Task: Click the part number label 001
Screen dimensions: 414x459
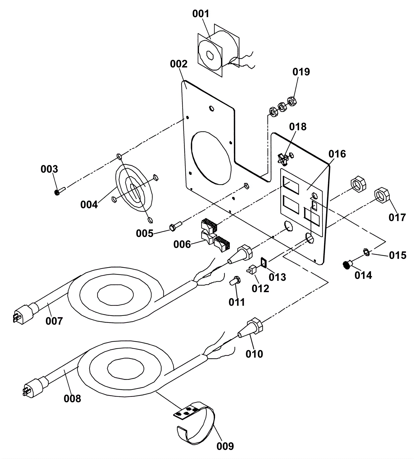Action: coord(201,14)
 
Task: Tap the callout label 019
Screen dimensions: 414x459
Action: coord(301,72)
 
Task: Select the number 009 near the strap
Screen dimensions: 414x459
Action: coord(225,446)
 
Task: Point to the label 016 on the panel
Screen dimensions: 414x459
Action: coord(337,154)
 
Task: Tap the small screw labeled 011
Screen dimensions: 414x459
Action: coord(235,280)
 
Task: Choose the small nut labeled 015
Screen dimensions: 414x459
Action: coord(366,251)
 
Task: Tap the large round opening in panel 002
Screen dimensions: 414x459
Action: coord(211,158)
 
